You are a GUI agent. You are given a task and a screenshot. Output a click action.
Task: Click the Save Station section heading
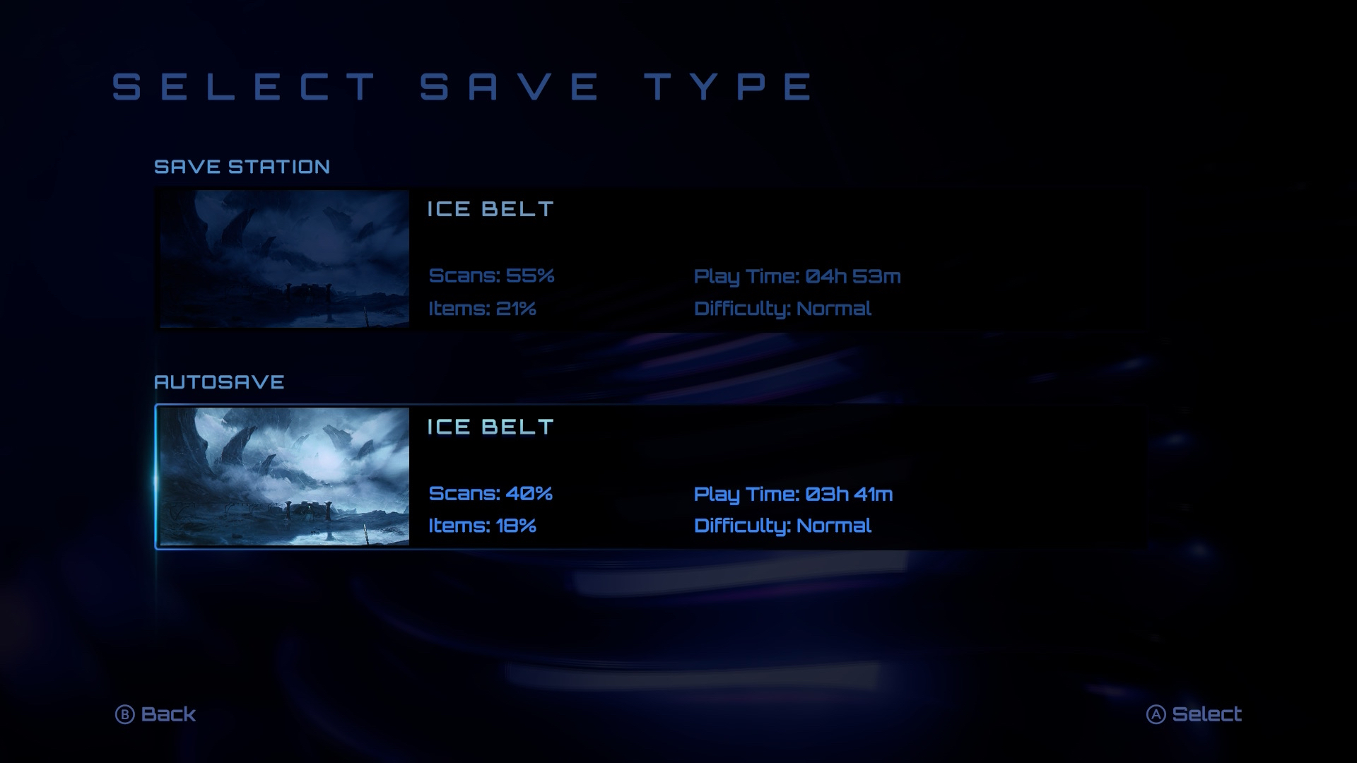(242, 167)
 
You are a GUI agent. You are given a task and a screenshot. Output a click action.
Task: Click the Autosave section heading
(219, 382)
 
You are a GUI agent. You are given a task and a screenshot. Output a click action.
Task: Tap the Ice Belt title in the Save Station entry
(490, 209)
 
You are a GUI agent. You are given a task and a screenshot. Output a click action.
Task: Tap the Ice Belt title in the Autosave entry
(490, 427)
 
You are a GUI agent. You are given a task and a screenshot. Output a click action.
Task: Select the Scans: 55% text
(491, 275)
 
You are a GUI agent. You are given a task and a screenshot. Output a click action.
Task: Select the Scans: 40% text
(490, 492)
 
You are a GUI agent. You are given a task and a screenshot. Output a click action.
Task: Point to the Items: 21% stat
(482, 308)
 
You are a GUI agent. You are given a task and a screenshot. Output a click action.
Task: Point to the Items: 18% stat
(482, 526)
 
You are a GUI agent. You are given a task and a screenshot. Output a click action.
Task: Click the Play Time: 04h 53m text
(797, 276)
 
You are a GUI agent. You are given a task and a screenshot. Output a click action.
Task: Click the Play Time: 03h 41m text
(793, 494)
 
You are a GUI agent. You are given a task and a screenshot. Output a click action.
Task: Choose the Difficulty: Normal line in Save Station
(782, 309)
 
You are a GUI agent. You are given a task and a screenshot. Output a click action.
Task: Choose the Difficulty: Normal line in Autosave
(782, 526)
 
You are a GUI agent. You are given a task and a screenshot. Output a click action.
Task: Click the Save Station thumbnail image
(284, 259)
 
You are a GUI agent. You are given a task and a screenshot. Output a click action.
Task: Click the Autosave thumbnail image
(284, 476)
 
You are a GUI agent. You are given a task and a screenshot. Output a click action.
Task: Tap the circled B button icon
(124, 715)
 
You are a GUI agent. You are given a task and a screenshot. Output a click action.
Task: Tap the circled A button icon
(1156, 715)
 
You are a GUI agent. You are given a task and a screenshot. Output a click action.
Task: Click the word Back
(168, 714)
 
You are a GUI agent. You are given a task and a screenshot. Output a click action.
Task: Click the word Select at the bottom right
(1206, 714)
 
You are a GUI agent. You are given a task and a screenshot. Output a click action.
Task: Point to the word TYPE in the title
(729, 86)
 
